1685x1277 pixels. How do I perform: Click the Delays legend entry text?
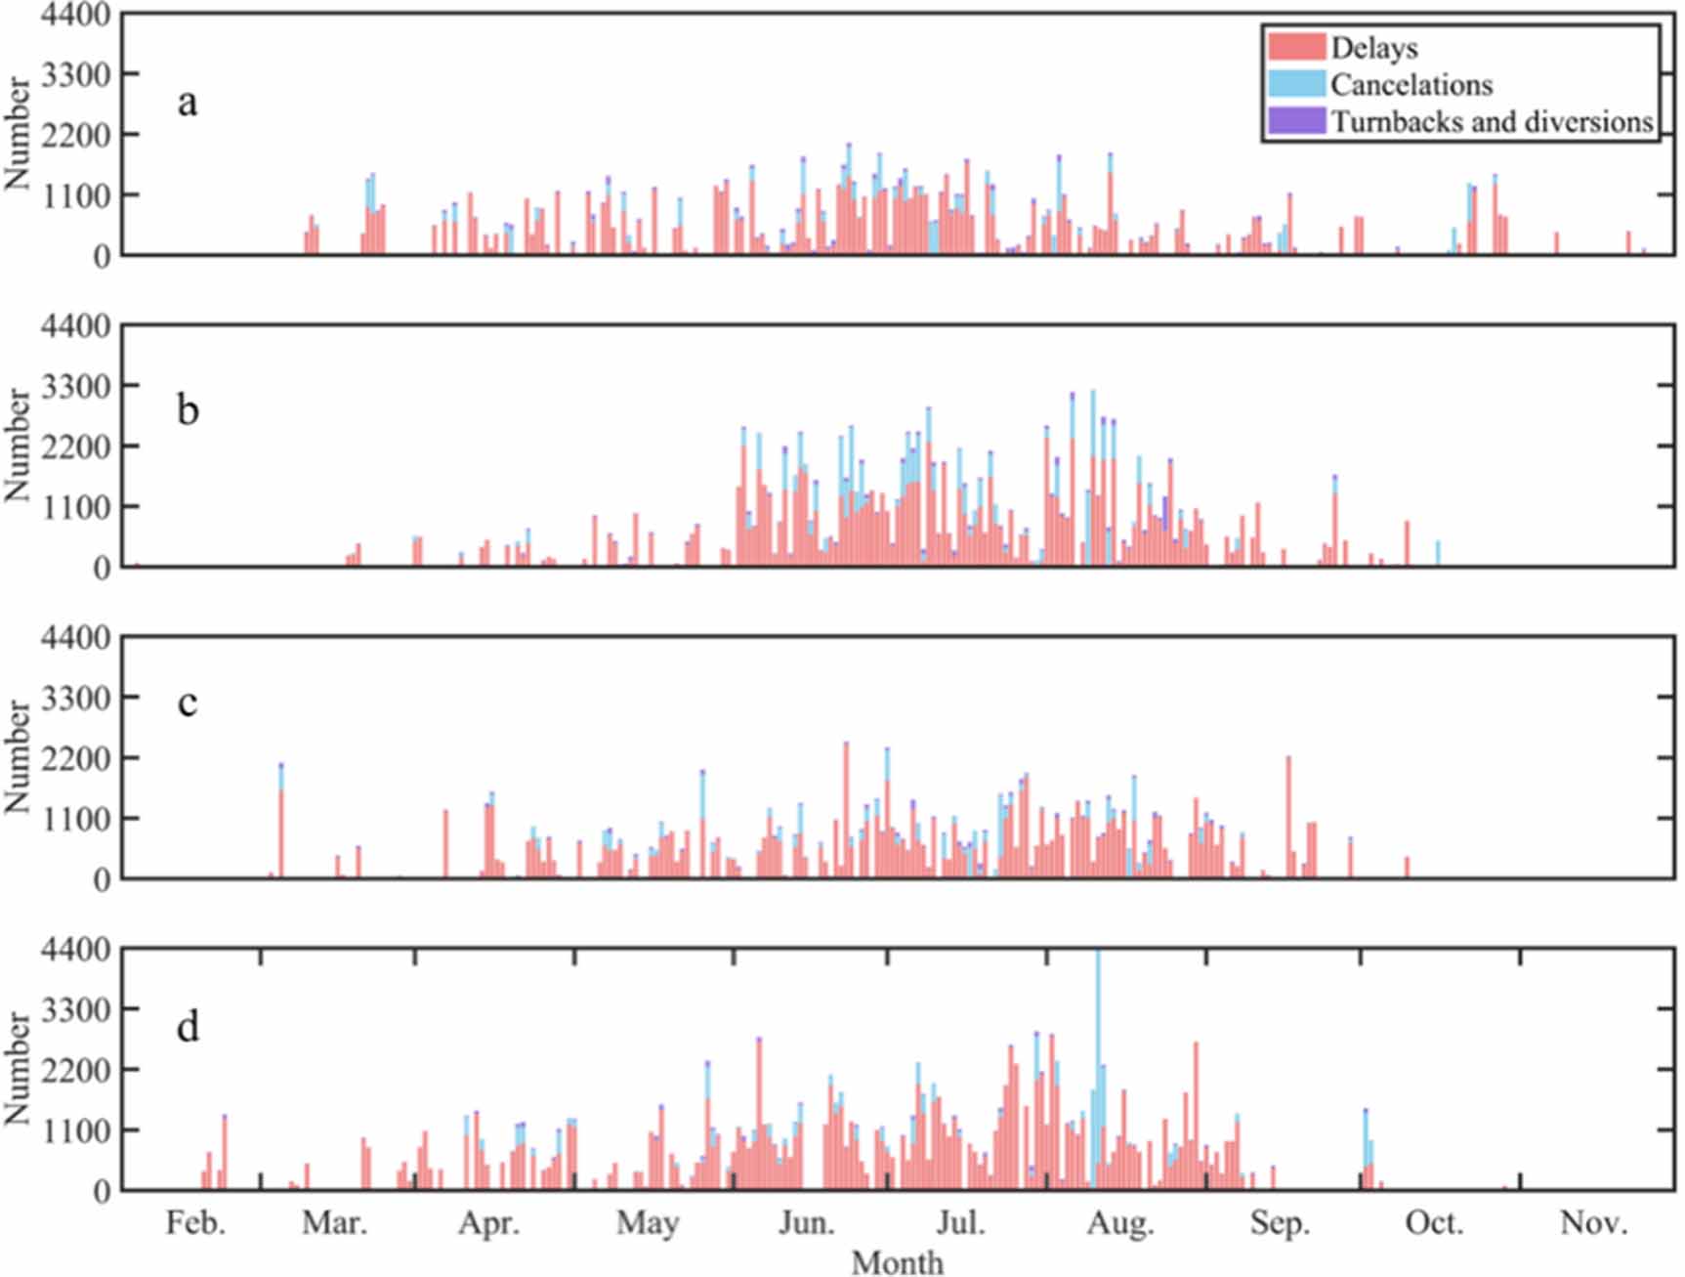click(x=1373, y=48)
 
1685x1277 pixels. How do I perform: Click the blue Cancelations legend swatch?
click(x=1296, y=84)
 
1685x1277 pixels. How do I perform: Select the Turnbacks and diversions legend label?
click(x=1492, y=122)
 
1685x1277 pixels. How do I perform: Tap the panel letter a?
click(x=187, y=102)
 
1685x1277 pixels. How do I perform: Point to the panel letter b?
click(x=188, y=410)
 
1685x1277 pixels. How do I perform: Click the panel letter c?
click(x=188, y=702)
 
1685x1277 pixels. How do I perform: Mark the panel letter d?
click(x=188, y=1027)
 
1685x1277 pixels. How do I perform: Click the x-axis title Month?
click(x=897, y=1261)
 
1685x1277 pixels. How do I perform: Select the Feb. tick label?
click(x=195, y=1222)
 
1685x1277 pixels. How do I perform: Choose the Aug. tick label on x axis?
click(x=1120, y=1222)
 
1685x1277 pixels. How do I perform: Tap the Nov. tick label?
click(x=1593, y=1222)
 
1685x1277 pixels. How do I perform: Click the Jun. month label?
click(x=806, y=1222)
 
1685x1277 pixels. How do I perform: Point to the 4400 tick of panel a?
click(x=75, y=16)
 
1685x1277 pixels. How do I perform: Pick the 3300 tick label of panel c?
click(x=75, y=698)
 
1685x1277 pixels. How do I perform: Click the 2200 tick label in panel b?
click(x=75, y=447)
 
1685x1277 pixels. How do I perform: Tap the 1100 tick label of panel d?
click(x=75, y=1130)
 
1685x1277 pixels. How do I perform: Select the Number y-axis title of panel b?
click(x=18, y=446)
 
